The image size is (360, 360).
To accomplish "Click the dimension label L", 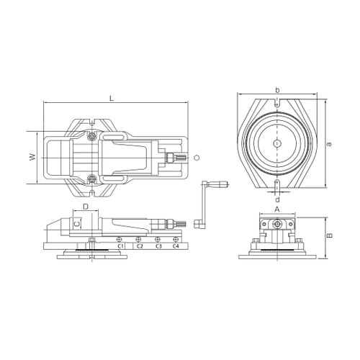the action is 112,99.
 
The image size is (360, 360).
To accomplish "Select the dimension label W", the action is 32,157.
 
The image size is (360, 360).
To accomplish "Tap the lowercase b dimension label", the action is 277,90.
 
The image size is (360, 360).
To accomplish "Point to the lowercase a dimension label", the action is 330,144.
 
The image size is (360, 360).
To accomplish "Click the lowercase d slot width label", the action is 277,199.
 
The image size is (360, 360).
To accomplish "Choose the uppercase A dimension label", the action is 277,210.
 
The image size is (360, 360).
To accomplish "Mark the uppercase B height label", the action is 330,235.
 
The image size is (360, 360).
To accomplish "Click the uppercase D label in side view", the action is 86,207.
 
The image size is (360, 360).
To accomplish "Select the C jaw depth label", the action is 76,224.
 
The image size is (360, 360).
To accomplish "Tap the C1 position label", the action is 120,246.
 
